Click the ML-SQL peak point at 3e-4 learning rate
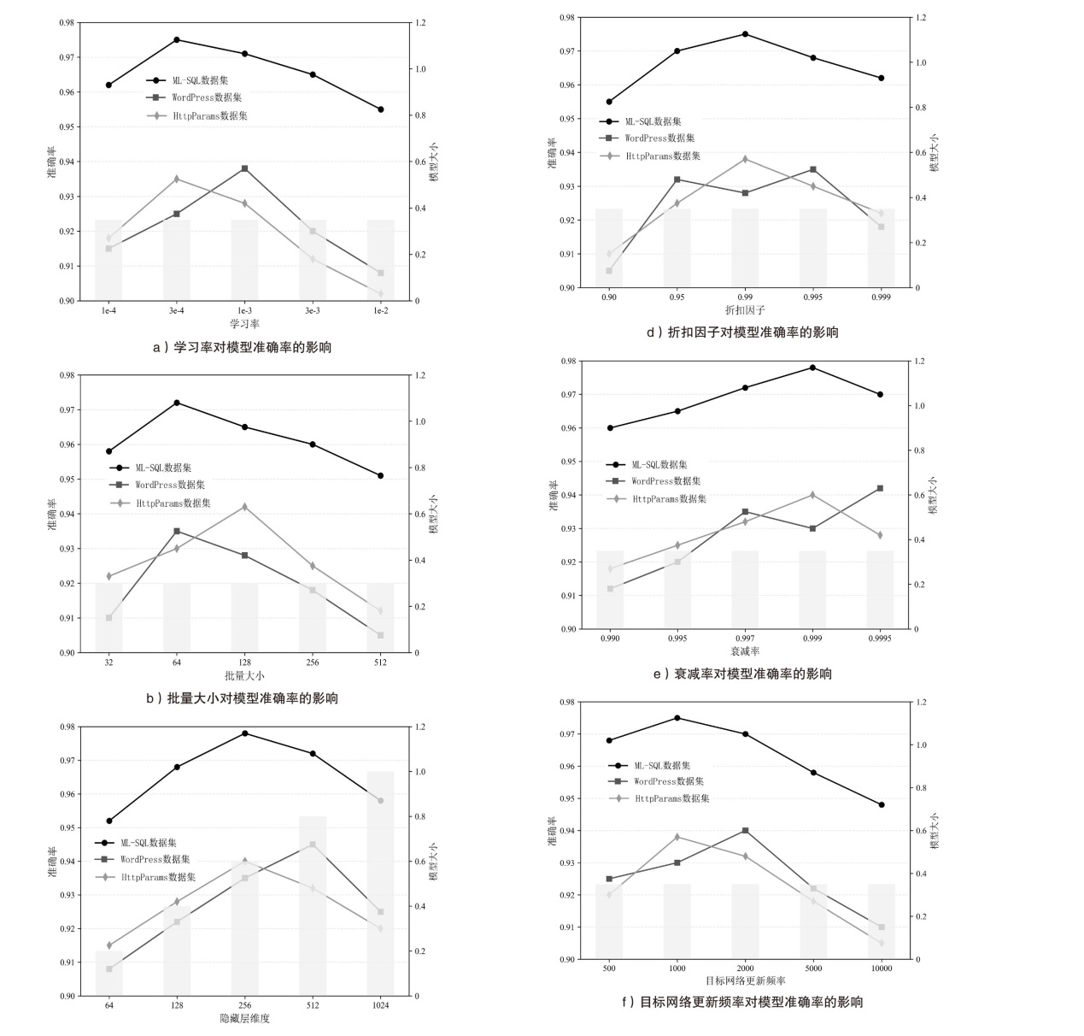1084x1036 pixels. pos(177,39)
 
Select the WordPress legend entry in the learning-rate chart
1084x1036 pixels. pos(206,98)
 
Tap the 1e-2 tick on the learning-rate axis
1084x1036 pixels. pos(380,311)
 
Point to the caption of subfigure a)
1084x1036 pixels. pos(242,347)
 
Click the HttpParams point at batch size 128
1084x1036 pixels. pos(244,507)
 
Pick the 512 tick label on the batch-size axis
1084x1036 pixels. pos(380,662)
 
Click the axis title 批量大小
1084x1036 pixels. pos(244,675)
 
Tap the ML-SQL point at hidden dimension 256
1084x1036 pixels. pos(245,733)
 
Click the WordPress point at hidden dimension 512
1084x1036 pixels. pos(313,845)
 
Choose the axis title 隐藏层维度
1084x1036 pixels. pos(244,1018)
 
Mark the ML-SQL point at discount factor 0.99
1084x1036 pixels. pos(745,34)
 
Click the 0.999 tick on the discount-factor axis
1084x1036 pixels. pos(881,297)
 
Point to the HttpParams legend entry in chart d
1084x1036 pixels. pos(662,156)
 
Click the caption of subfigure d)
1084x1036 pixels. pos(741,333)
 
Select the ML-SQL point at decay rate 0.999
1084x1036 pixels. pos(812,368)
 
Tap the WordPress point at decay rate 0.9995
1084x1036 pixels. pos(880,488)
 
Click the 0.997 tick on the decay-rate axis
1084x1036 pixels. pos(745,639)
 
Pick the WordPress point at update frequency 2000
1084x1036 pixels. pos(746,831)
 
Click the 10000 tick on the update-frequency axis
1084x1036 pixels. pos(882,968)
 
